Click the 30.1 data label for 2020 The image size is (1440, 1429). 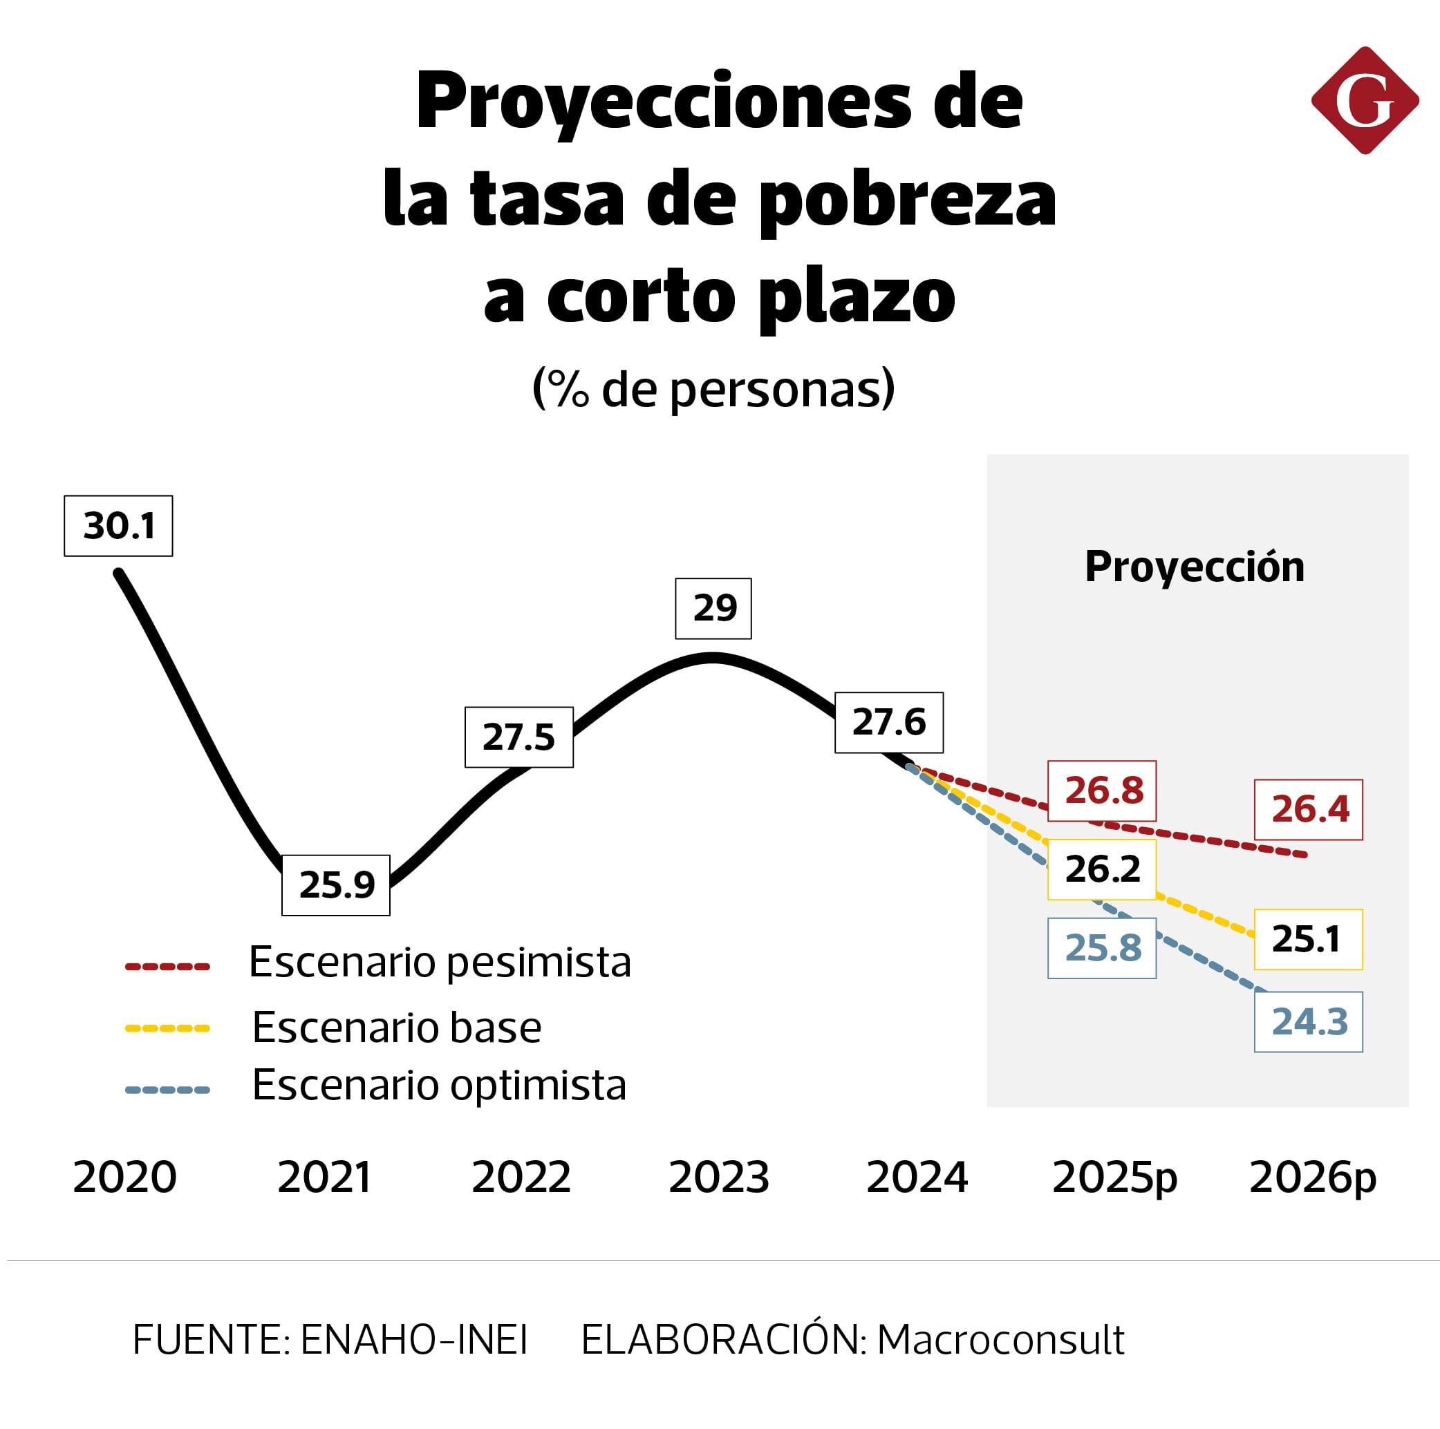click(118, 525)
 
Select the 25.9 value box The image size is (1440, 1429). click(335, 884)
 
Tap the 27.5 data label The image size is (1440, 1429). click(518, 736)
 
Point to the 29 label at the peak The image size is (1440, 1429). click(713, 608)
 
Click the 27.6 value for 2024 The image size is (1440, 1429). click(888, 722)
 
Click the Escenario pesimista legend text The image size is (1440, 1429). click(439, 962)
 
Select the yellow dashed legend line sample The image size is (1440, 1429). click(167, 1028)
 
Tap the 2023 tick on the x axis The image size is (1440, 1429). click(718, 1177)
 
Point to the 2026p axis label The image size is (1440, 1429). click(1312, 1178)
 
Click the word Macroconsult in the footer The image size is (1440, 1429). click(1000, 1340)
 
